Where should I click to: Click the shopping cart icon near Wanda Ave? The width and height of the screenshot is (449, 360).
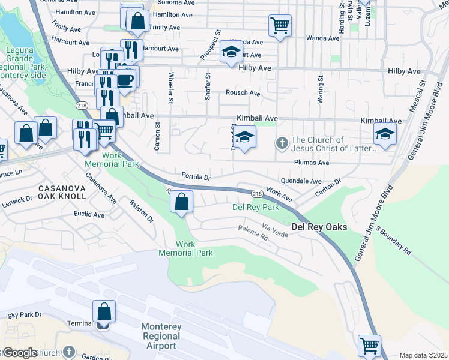[280, 26]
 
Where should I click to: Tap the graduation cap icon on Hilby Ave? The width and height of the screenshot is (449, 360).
[231, 53]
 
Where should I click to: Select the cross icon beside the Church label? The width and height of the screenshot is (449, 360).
[280, 143]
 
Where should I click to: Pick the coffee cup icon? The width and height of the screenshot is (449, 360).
[125, 79]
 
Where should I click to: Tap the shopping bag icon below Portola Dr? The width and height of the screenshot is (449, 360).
[182, 202]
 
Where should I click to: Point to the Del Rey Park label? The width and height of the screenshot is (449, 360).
[256, 208]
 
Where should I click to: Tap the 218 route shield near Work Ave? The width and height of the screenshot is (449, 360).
[257, 193]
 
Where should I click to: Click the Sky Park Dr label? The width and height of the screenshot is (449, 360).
[25, 314]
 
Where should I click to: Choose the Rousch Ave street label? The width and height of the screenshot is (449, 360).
[243, 93]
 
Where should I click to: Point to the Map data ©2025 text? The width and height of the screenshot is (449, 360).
[423, 355]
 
